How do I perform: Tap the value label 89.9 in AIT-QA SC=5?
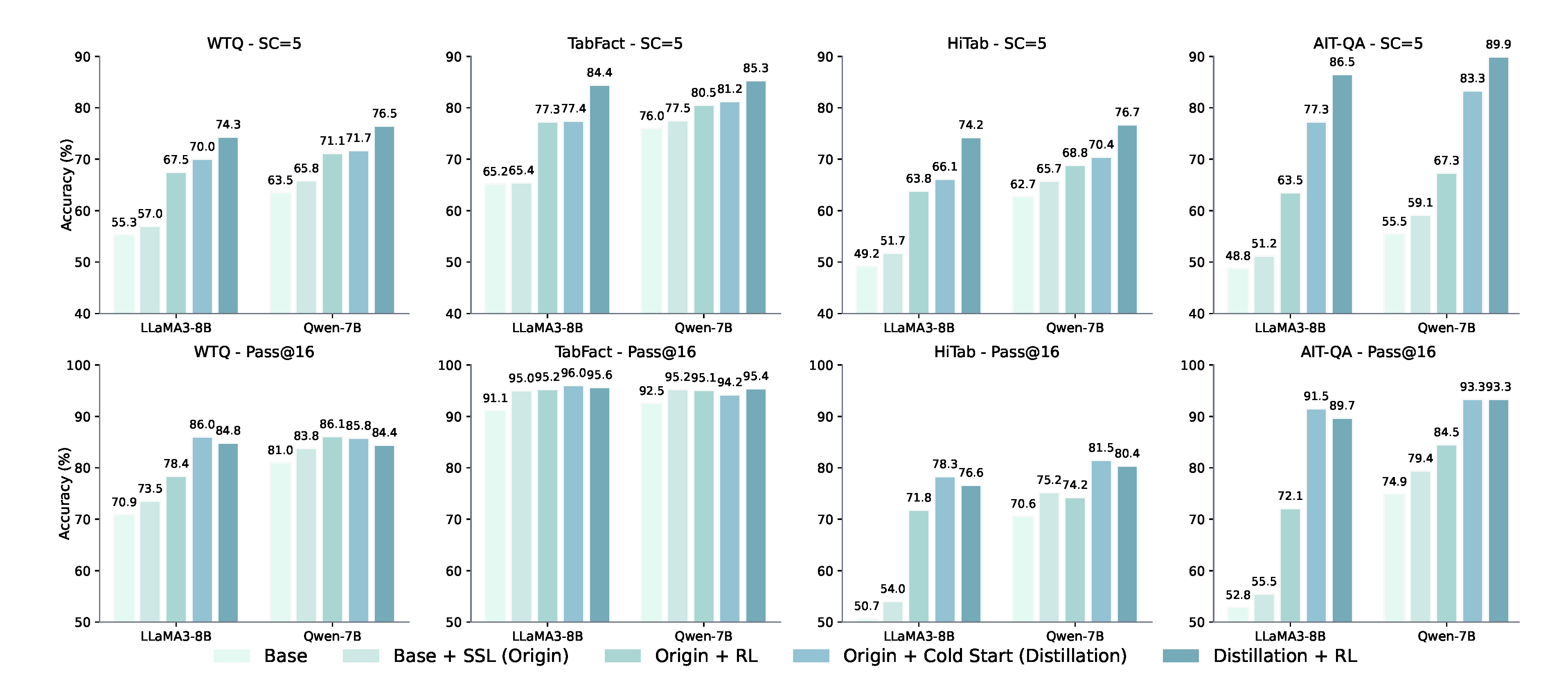point(1498,44)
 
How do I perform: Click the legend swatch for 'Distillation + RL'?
point(1180,656)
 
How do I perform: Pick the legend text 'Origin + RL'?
point(706,656)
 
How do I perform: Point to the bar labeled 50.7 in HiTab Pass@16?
point(866,620)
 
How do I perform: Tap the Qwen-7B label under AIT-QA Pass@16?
point(1446,636)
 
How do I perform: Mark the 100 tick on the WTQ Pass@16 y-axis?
point(79,365)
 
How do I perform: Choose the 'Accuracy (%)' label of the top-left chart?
point(66,185)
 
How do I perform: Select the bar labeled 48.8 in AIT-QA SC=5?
point(1238,291)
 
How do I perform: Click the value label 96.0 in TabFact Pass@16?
point(573,373)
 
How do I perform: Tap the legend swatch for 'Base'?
point(232,656)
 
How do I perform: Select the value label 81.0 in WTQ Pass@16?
point(280,450)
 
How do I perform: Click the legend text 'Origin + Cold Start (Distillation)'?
point(985,656)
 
